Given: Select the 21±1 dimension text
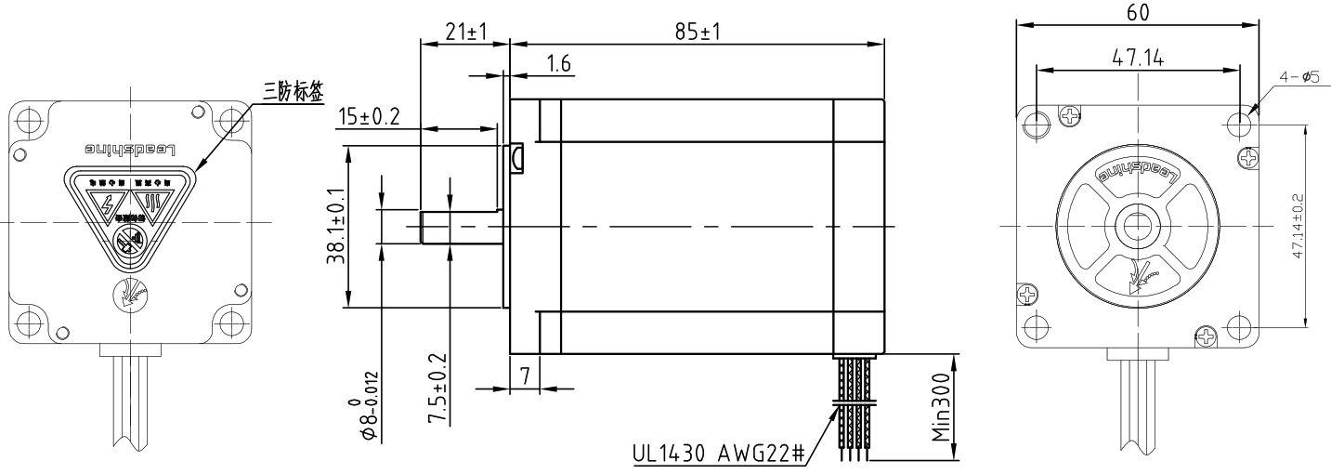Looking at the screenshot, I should pyautogui.click(x=464, y=31).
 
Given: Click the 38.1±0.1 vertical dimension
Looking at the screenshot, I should pyautogui.click(x=335, y=226).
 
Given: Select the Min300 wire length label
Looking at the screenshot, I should pyautogui.click(x=941, y=408).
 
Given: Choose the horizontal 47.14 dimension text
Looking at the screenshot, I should pyautogui.click(x=1139, y=59).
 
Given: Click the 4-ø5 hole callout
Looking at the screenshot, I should pyautogui.click(x=1300, y=78).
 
